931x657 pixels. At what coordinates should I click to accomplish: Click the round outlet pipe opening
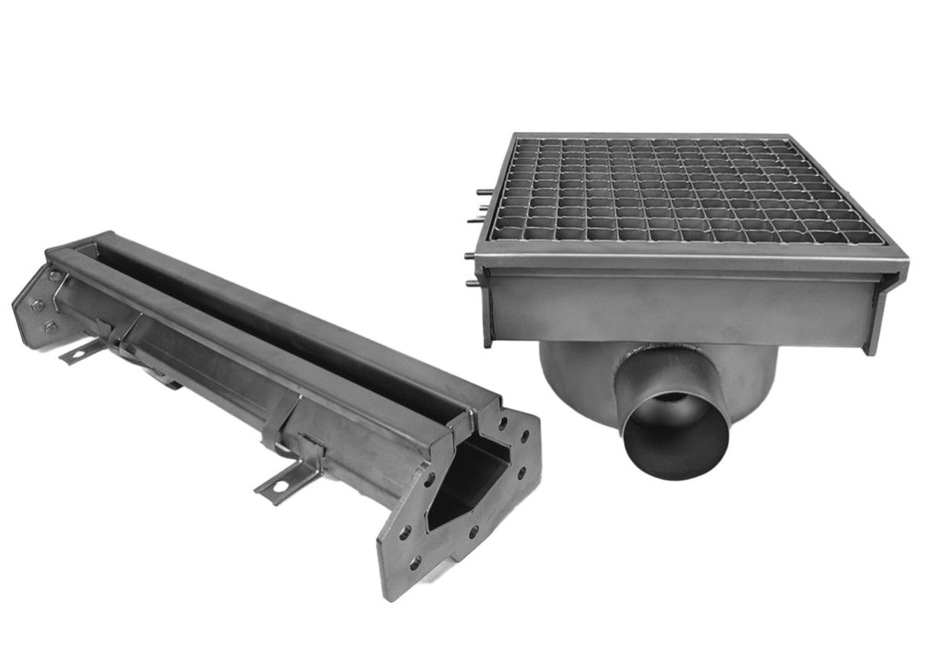[x=676, y=437]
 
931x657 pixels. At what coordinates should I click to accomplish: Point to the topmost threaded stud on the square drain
[x=482, y=191]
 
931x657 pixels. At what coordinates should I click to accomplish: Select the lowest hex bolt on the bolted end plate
[x=48, y=328]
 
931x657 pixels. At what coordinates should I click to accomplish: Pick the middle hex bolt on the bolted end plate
[x=36, y=304]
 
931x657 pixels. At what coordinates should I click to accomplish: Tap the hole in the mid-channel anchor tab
[x=280, y=485]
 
